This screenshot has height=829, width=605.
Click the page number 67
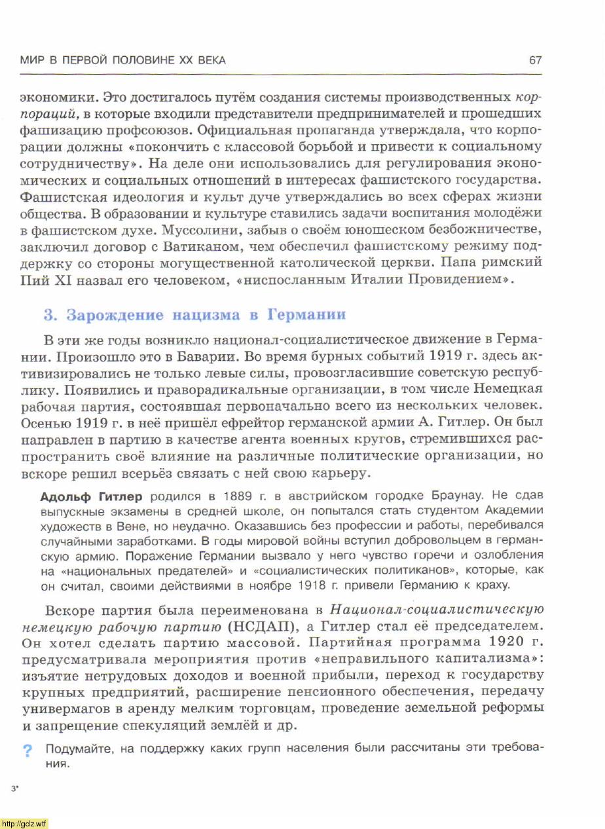535,60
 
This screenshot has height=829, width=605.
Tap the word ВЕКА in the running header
210,60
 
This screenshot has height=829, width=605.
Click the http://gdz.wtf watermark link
24,823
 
